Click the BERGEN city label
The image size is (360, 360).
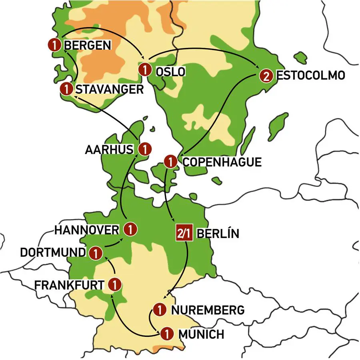87,45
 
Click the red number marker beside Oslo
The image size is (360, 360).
144,70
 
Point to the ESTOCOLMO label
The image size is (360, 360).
310,76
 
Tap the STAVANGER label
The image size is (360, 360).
109,89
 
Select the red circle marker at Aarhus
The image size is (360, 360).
145,150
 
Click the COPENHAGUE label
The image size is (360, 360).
222,162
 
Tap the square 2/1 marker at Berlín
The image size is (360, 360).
184,234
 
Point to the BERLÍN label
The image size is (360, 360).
218,234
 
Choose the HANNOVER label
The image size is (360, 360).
86,230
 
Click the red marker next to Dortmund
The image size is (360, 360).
95,253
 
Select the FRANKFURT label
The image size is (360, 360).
70,285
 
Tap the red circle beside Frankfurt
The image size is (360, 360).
114,284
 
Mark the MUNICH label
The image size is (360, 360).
201,334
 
